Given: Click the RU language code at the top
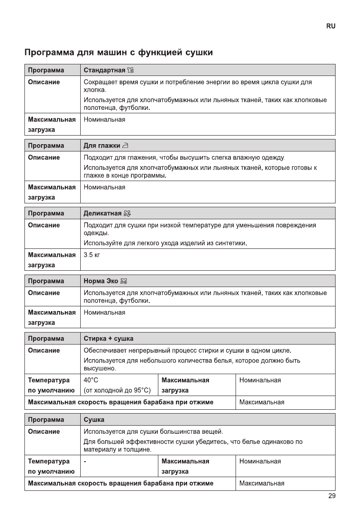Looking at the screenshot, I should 331,26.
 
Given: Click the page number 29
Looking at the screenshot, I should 332,496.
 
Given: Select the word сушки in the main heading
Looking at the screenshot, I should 199,53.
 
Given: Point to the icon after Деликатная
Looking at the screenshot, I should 127,213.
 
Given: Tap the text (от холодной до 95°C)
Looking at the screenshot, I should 117,390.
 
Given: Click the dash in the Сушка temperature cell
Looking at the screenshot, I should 85,461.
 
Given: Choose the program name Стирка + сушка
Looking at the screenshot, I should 109,339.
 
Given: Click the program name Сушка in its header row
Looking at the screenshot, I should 94,419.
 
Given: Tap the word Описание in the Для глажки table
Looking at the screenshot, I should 44,157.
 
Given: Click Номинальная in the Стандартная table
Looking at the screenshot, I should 104,119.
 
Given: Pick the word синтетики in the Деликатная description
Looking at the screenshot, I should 233,244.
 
